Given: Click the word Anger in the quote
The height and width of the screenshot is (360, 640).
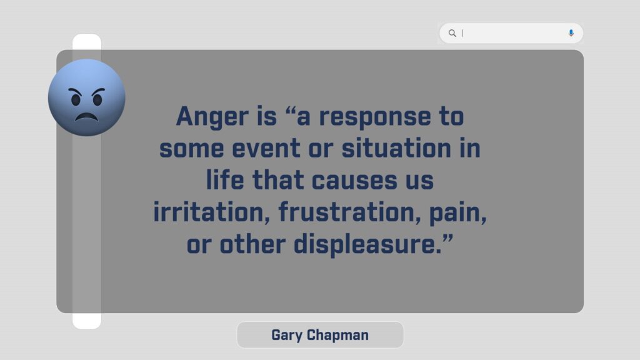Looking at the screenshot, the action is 212,117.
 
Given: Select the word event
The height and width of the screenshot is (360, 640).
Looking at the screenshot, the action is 266,149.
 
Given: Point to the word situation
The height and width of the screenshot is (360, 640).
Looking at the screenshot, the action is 396,147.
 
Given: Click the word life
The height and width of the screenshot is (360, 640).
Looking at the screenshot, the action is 225,179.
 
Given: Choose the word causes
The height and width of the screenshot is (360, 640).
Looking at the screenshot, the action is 354,181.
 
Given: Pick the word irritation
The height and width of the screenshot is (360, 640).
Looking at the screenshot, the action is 211,212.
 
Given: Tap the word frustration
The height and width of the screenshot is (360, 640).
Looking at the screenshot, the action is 350,212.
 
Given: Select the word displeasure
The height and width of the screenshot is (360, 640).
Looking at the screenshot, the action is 367,244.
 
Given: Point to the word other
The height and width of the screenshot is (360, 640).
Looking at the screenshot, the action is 252,244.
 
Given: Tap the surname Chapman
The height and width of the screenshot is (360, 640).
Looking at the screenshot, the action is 337,336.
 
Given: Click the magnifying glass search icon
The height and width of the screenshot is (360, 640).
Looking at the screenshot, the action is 452,33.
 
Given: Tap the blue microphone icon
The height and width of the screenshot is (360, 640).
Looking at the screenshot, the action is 571,33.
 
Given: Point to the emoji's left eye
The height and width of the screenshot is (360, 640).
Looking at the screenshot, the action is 76,99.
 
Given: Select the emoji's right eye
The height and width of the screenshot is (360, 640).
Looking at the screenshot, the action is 97,99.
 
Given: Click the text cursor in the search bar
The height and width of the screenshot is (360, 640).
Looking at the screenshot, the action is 462,33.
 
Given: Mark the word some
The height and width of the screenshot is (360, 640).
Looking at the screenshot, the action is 191,149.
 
